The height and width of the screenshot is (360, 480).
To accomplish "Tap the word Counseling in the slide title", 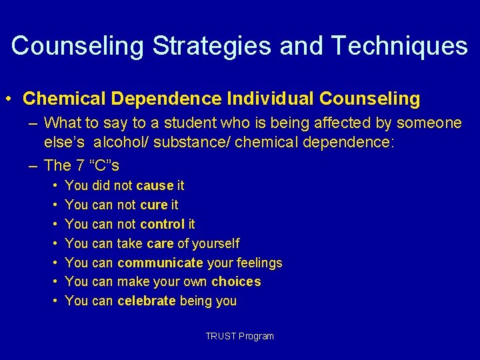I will tap(77, 46).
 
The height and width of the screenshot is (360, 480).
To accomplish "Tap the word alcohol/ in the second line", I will tap(119, 142).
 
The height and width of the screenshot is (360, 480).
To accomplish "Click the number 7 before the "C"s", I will tap(77, 165).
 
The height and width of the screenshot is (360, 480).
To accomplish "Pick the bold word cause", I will tap(155, 185).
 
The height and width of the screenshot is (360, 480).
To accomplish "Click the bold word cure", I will tap(154, 205).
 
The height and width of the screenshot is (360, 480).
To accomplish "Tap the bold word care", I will tap(161, 243).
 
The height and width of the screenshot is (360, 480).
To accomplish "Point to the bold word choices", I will tap(236, 282).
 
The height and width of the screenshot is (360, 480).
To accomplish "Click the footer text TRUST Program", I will tap(240, 336).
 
